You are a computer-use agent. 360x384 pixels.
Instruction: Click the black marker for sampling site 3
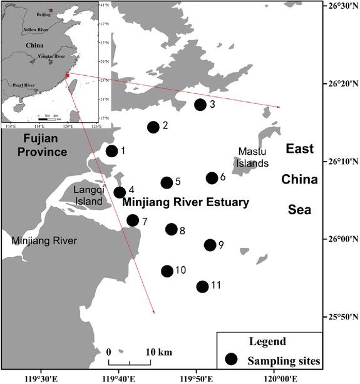[x=200, y=105]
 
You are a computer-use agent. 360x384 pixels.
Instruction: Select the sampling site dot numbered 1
[x=111, y=151]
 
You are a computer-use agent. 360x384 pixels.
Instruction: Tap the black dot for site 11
[x=202, y=287]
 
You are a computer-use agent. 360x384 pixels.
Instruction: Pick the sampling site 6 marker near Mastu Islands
[x=212, y=178]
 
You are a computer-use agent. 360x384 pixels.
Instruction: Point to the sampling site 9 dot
[x=210, y=245]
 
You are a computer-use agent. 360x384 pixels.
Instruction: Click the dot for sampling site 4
[x=120, y=192]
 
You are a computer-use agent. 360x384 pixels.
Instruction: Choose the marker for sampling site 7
[x=133, y=221]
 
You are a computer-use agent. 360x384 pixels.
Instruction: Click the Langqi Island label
[x=87, y=195]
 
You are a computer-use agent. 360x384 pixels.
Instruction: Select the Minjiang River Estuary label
[x=185, y=203]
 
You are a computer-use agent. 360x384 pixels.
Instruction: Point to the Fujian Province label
[x=42, y=145]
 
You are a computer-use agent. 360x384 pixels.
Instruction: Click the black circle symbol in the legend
[x=232, y=360]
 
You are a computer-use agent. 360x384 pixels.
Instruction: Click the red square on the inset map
[x=66, y=75]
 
